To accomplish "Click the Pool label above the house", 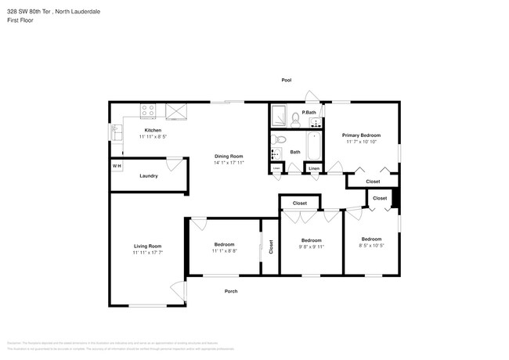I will pos(287,81).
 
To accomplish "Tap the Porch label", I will pos(231,291).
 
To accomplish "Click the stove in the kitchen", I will pos(149,112).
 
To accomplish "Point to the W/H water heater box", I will pos(117,166).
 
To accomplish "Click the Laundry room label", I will pos(149,176).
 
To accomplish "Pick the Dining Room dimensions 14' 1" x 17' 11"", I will pos(229,162).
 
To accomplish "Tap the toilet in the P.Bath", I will pos(295,119).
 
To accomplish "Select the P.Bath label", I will pos(309,113).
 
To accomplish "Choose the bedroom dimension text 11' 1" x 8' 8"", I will pos(225,251).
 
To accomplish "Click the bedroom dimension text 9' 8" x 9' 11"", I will pos(311,247).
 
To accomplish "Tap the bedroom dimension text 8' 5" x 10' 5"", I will pos(371,246).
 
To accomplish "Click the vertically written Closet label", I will pos(271,247).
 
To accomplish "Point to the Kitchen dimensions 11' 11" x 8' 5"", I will pos(153,136).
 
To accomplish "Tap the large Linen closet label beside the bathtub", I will pos(314,169).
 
